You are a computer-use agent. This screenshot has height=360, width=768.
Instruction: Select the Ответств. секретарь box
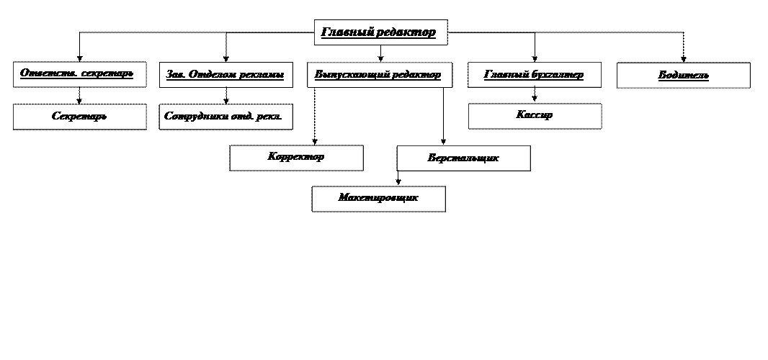[79, 74]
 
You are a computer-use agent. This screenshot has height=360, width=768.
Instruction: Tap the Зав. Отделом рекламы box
[226, 74]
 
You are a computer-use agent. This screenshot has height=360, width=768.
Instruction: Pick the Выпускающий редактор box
[379, 75]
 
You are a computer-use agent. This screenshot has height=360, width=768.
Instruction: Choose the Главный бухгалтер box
[535, 75]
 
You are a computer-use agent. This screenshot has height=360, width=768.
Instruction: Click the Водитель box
[683, 75]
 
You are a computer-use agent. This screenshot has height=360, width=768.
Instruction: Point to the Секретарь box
[79, 116]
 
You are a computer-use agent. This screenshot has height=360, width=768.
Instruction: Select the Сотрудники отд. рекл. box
[226, 116]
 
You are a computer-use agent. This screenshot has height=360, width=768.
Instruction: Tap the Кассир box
[535, 116]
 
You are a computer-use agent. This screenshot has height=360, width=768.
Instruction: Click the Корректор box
[296, 158]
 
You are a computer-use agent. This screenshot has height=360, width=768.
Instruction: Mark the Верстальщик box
[463, 158]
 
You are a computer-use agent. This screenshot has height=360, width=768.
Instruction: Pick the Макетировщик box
[378, 199]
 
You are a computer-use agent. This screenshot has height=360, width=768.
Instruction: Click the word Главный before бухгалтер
[506, 75]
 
